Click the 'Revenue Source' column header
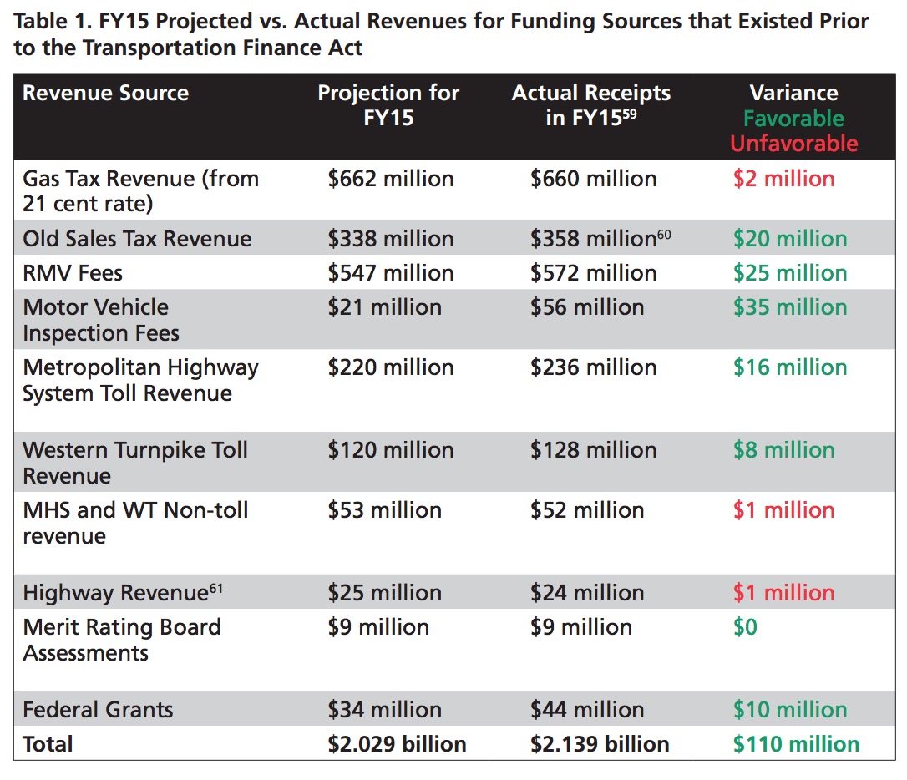click(105, 93)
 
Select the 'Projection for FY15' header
click(388, 105)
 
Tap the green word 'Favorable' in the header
click(793, 119)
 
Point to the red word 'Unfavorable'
click(793, 144)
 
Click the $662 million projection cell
click(391, 179)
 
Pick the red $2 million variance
click(783, 179)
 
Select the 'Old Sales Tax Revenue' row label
click(137, 239)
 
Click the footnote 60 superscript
click(664, 234)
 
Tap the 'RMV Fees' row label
click(73, 273)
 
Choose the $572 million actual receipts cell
click(594, 273)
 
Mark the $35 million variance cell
click(790, 307)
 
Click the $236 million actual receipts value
click(594, 367)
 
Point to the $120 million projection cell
click(391, 450)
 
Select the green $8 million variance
click(783, 450)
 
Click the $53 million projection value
click(385, 510)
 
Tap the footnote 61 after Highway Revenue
click(215, 589)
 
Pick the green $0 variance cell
click(745, 627)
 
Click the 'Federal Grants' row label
click(98, 710)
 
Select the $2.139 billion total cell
click(600, 744)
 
